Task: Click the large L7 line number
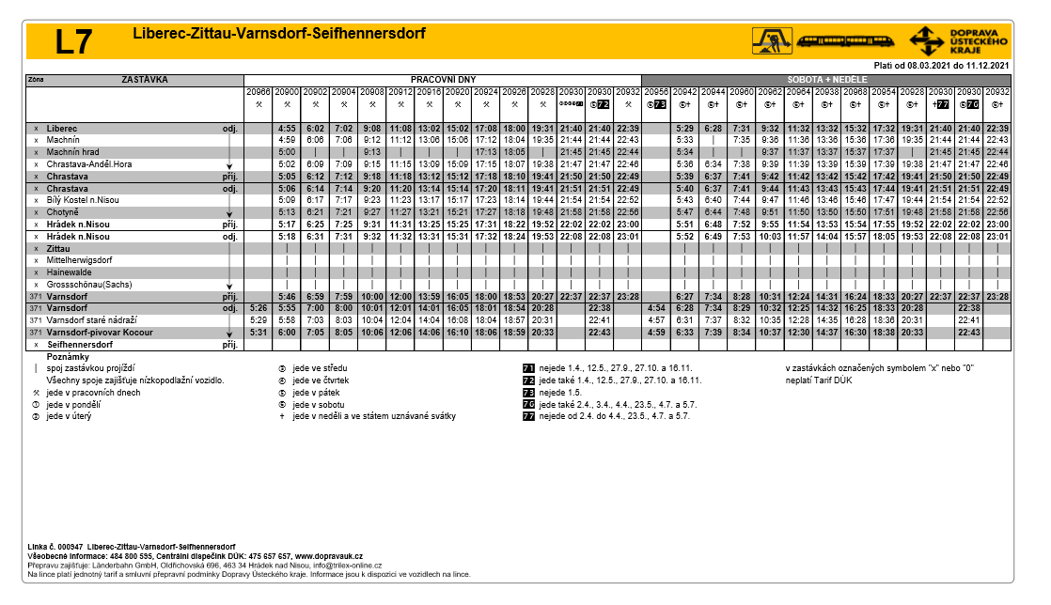point(74,42)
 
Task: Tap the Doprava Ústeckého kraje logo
point(959,40)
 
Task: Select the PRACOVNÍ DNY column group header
point(442,80)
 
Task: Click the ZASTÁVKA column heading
point(145,80)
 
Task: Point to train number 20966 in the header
point(259,92)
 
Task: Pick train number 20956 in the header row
point(656,92)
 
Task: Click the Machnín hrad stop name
point(73,151)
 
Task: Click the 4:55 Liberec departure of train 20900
point(287,128)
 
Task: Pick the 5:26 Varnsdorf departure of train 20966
point(259,308)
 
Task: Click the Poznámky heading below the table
point(67,357)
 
